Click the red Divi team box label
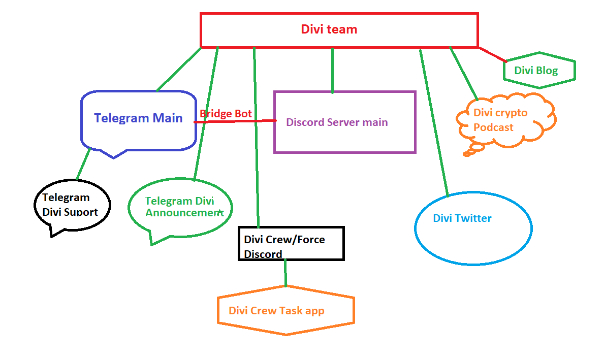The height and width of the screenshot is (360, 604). pyautogui.click(x=329, y=29)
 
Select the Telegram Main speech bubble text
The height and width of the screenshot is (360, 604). pyautogui.click(x=138, y=118)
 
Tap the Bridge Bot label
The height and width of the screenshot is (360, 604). pyautogui.click(x=226, y=114)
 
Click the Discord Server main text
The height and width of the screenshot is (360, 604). pyautogui.click(x=337, y=122)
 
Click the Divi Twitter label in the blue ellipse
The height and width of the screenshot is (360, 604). pyautogui.click(x=462, y=218)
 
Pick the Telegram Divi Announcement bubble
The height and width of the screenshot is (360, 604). pyautogui.click(x=180, y=207)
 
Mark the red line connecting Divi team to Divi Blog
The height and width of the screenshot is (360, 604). pyautogui.click(x=492, y=54)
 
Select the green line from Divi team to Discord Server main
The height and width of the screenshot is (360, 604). pyautogui.click(x=333, y=70)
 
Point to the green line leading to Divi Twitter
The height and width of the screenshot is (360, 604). pyautogui.click(x=433, y=122)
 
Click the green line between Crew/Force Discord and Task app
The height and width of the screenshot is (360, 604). pyautogui.click(x=285, y=273)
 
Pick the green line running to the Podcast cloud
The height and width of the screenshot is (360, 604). pyautogui.click(x=463, y=73)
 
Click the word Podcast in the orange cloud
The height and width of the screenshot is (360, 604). pyautogui.click(x=493, y=127)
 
